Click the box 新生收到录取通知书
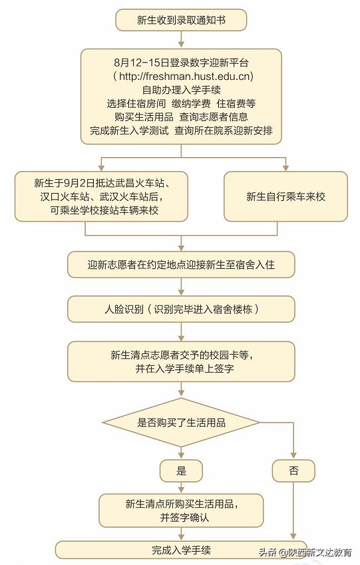coord(181,21)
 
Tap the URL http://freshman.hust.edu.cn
coord(181,77)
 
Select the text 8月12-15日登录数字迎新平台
coord(181,63)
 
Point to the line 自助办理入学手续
coord(181,90)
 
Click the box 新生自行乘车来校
coord(285,197)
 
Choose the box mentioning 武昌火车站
coord(101,196)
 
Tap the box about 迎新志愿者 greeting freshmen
coord(181,264)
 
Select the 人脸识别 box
coord(181,309)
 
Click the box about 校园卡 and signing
coord(181,361)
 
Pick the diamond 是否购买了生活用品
coord(181,423)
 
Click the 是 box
coord(181,471)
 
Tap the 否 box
coord(293,471)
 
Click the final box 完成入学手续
coord(181,550)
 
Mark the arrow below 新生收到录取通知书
coord(181,39)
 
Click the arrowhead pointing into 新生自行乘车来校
coord(285,167)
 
